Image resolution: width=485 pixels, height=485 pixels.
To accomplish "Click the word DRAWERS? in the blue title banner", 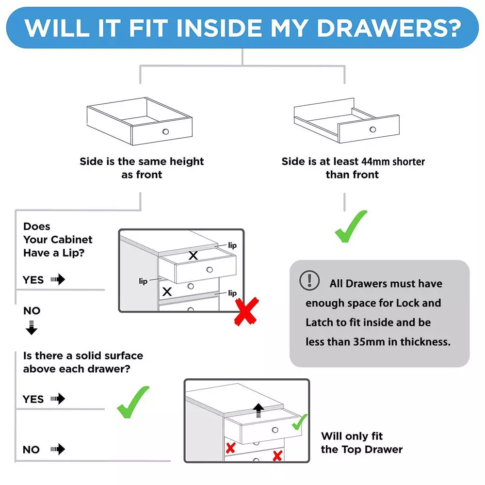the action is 389,28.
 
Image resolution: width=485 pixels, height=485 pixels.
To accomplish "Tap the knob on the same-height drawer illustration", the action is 166,131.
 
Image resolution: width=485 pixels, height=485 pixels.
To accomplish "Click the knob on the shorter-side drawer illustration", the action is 372,129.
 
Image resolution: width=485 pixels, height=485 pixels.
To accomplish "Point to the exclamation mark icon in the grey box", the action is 309,280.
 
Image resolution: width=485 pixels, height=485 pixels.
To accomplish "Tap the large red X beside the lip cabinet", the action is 246,311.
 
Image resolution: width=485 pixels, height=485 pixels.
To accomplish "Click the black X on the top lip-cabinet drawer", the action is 194,256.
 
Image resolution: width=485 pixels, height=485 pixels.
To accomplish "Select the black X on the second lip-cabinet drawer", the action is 167,291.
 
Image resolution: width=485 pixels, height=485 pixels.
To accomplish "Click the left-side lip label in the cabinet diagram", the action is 143,281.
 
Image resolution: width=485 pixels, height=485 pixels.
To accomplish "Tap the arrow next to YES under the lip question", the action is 58,279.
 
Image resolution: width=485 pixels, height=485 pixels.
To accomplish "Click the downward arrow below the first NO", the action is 31,328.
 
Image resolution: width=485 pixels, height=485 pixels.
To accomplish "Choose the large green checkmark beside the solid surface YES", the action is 132,403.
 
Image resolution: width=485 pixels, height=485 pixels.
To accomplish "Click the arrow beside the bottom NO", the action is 58,449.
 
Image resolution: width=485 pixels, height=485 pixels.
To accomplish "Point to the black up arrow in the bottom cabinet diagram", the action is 259,410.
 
